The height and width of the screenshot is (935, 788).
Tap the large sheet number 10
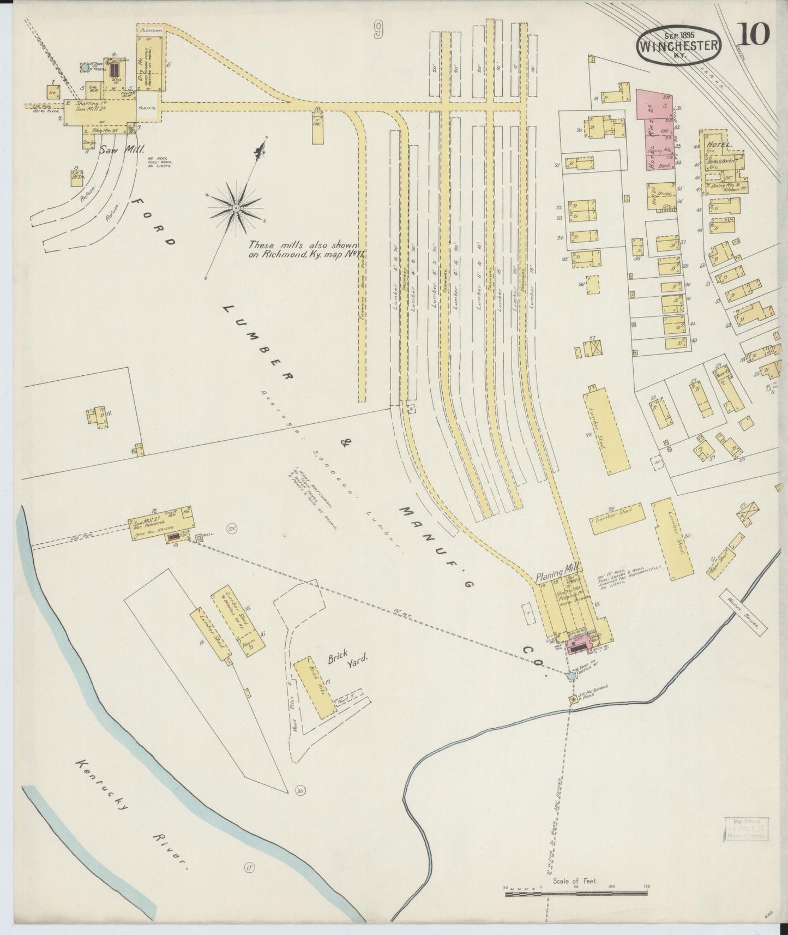coord(755,34)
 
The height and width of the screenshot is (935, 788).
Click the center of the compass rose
coord(236,208)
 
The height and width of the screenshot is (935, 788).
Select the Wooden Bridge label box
coord(742,610)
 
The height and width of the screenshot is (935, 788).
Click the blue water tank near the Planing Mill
coord(571,676)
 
